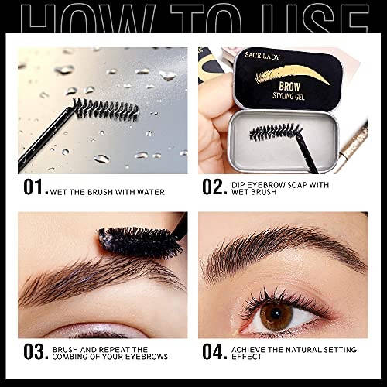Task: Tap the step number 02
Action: [x=214, y=187]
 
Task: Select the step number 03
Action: [x=36, y=352]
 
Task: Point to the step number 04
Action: [x=214, y=352]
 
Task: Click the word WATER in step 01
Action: [x=151, y=192]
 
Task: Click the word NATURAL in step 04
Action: [x=303, y=350]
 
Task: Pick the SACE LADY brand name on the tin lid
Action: [x=262, y=56]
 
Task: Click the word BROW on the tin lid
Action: [x=289, y=87]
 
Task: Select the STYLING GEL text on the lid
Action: [x=289, y=96]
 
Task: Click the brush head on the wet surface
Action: [x=106, y=109]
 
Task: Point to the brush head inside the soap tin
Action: [x=276, y=132]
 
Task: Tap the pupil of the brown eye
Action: [x=276, y=313]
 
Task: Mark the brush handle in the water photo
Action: [x=45, y=139]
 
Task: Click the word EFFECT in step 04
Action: [x=246, y=357]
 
